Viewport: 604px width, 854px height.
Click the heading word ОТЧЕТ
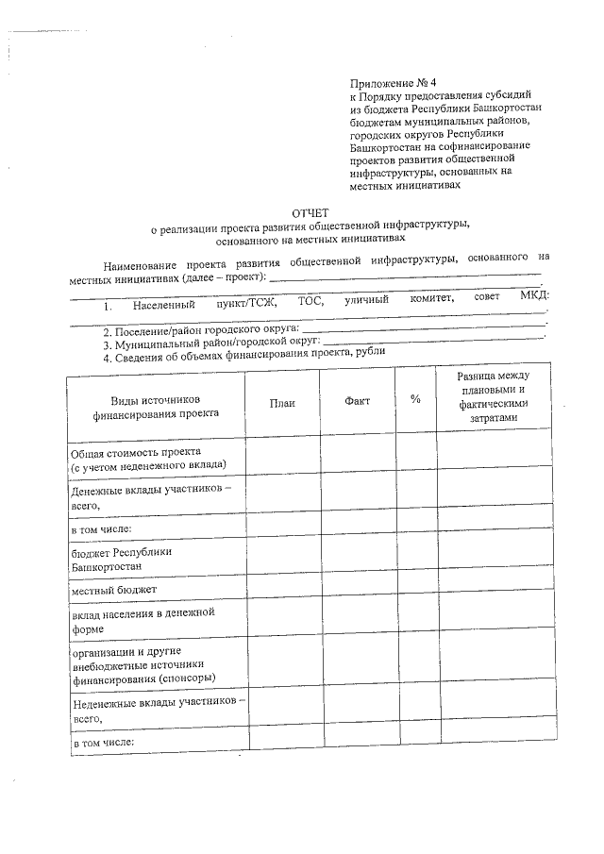coord(310,212)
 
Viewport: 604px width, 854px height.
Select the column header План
coord(282,402)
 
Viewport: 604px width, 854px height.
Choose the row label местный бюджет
coord(114,590)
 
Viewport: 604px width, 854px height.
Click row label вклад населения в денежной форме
coord(143,619)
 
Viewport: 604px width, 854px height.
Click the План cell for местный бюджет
coord(282,590)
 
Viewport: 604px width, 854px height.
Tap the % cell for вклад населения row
coord(415,619)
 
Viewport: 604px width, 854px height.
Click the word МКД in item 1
coord(533,297)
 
